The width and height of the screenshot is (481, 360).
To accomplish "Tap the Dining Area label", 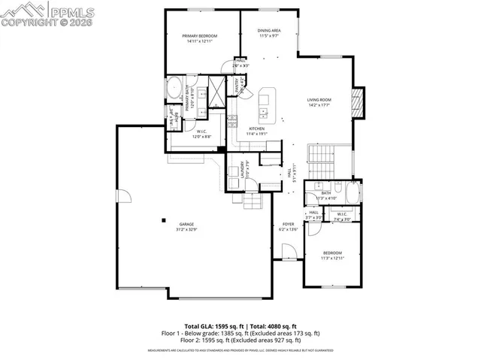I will [269, 30].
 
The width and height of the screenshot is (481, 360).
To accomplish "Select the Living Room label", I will [319, 100].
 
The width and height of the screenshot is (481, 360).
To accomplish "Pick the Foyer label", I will [288, 224].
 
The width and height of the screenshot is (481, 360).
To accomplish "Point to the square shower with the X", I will [216, 92].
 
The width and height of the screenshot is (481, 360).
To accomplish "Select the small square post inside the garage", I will [162, 220].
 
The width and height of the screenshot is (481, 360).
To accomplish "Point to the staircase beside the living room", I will [322, 159].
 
